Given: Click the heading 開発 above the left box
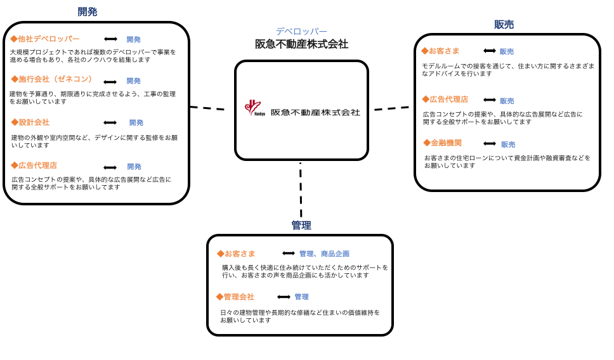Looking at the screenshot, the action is [x=88, y=12].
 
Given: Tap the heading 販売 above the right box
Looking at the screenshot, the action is [x=504, y=25].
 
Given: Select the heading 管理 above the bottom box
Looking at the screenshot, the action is [x=301, y=226].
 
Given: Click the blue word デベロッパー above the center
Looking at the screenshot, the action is [x=301, y=31].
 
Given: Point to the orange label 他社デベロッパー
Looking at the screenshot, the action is [x=45, y=39].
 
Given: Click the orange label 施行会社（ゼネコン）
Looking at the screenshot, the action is [x=51, y=79].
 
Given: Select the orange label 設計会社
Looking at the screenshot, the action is [x=30, y=122].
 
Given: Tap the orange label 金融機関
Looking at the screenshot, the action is [x=443, y=143].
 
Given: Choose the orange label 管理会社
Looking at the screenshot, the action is [x=235, y=297].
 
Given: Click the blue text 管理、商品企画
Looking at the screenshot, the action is [x=324, y=254].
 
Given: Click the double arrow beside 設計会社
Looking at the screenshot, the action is [x=110, y=122].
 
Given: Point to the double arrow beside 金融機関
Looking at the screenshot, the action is [x=490, y=144].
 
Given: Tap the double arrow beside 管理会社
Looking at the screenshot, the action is [x=284, y=297].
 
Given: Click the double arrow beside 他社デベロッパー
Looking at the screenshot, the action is [x=111, y=39].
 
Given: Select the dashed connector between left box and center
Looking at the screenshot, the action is [x=207, y=108].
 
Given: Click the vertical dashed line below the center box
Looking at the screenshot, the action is [x=301, y=190].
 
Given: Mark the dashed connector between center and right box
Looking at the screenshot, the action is [x=391, y=108].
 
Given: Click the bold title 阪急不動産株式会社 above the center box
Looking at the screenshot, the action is [x=301, y=44].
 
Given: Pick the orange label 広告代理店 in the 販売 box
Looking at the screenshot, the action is [x=445, y=100].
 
